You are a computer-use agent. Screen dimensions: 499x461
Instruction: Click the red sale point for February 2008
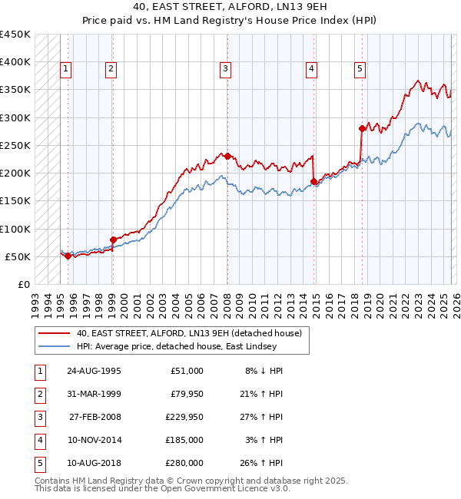click(x=227, y=156)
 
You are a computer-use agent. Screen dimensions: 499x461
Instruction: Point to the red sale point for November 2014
click(x=313, y=181)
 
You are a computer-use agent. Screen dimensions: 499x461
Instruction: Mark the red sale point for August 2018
click(x=362, y=128)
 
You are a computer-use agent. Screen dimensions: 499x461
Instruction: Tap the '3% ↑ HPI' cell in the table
click(x=267, y=440)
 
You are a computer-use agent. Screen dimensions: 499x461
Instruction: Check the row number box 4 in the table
click(x=38, y=440)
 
